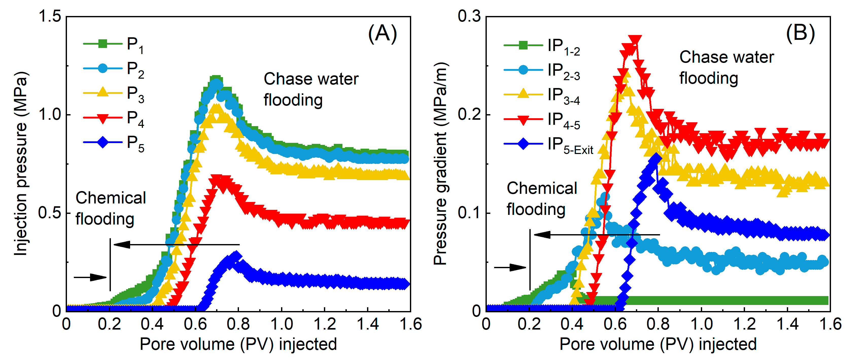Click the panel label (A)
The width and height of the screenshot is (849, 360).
382,34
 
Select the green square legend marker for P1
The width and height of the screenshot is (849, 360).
102,44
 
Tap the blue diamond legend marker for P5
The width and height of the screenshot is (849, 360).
102,142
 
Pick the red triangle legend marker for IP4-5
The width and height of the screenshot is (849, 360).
523,119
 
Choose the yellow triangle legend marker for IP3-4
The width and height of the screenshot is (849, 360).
523,94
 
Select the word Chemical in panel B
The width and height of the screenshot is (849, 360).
542,188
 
